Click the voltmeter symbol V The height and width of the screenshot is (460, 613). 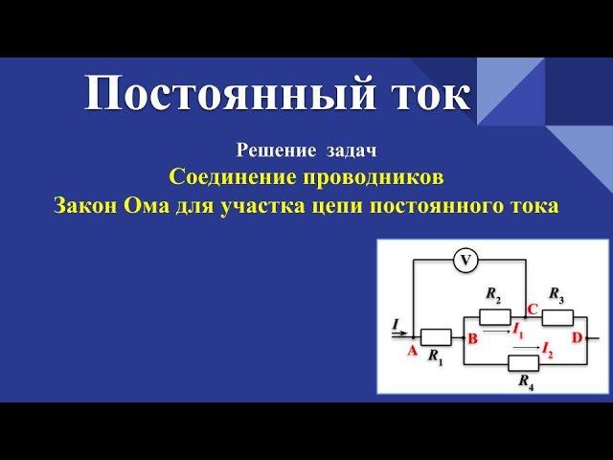click(465, 261)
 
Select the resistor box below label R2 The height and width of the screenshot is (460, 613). click(495, 317)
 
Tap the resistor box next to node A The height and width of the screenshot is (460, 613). click(436, 337)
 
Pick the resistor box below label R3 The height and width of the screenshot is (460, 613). click(557, 317)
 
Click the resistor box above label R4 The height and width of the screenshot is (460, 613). click(524, 363)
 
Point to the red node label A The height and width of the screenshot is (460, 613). click(413, 351)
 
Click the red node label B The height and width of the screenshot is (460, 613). click(472, 338)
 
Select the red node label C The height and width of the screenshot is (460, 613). click(533, 310)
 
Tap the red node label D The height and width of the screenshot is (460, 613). click(577, 337)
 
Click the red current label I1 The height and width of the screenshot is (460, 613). click(518, 331)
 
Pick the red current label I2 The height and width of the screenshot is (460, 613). click(547, 351)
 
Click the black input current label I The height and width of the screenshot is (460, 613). click(396, 324)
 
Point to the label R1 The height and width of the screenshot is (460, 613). click(436, 356)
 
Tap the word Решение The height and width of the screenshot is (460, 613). click(277, 150)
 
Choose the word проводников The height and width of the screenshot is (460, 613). click(374, 177)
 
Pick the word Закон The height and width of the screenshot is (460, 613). click(85, 206)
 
